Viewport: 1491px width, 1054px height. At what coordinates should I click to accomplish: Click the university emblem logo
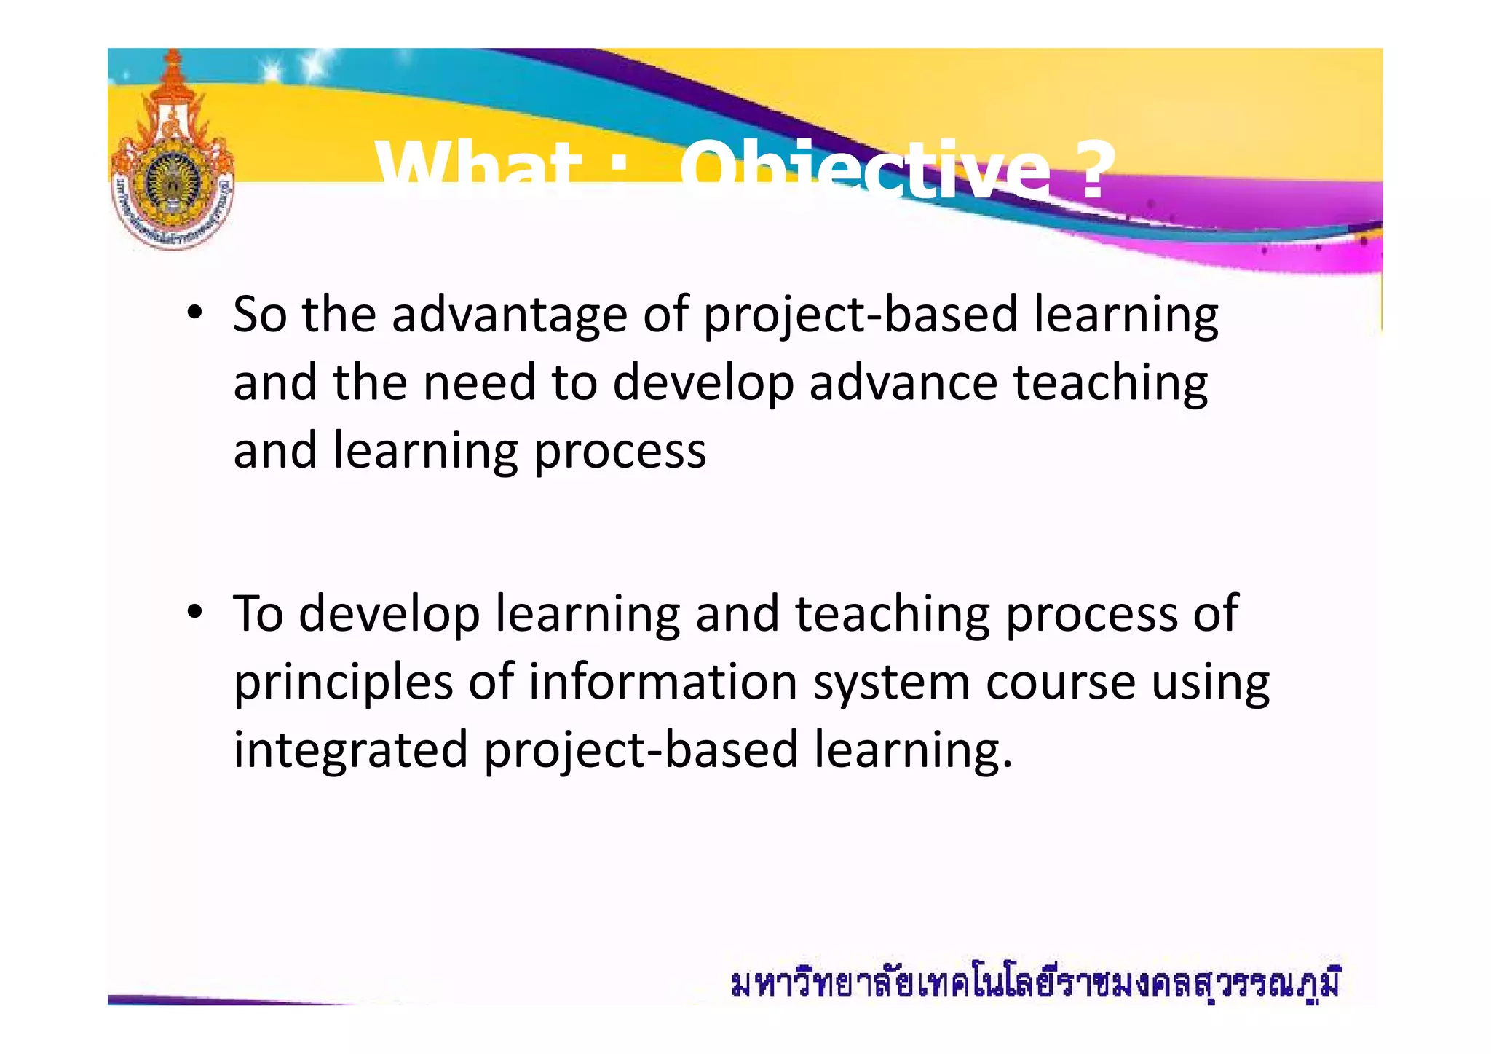click(173, 157)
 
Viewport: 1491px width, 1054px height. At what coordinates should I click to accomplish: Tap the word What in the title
click(478, 172)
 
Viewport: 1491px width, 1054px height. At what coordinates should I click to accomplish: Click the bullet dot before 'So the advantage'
click(194, 314)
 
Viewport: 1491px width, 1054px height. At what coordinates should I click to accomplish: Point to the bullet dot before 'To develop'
click(194, 613)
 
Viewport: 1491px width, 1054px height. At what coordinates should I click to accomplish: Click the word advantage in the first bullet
click(510, 315)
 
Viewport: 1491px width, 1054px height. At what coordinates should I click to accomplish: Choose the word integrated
click(350, 751)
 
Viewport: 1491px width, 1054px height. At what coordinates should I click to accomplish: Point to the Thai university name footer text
click(1035, 984)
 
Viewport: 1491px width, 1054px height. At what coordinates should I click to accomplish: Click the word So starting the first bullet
click(260, 315)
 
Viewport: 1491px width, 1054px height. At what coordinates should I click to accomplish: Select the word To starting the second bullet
click(258, 613)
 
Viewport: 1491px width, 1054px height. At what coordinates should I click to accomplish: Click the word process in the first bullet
click(620, 452)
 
